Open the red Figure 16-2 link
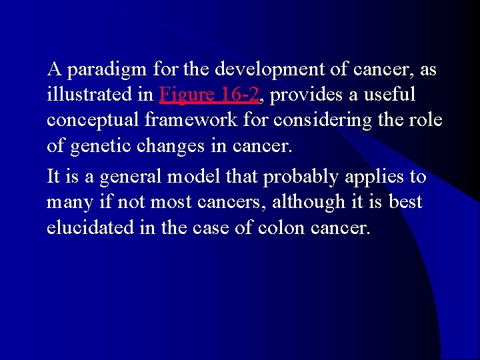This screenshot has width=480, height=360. tap(209, 95)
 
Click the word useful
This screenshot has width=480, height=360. tap(390, 95)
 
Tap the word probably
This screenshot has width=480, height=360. tap(302, 177)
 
